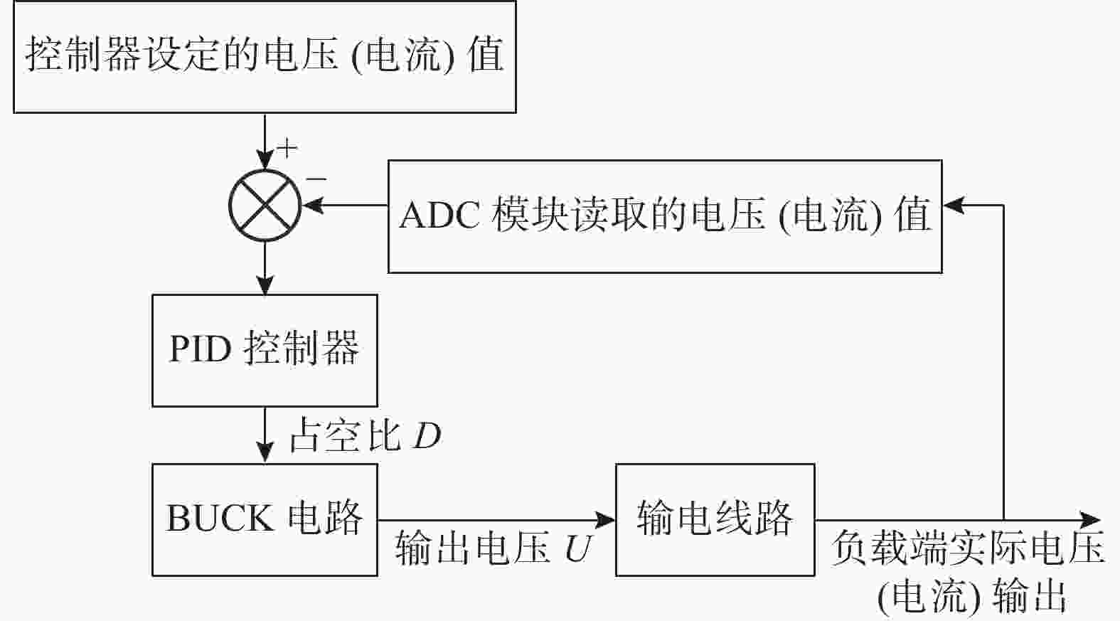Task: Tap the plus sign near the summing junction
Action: coord(287,148)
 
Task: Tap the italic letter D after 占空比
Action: coord(427,436)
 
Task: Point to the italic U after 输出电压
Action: coord(578,548)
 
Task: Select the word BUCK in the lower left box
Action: coord(220,518)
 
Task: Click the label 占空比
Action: coord(346,436)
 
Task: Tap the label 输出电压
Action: coord(473,548)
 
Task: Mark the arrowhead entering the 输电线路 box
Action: coord(605,520)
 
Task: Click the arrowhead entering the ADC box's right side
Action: coord(953,205)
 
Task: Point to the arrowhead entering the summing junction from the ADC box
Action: coord(313,205)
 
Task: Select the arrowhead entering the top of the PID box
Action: coord(265,285)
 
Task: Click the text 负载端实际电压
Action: coord(969,548)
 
